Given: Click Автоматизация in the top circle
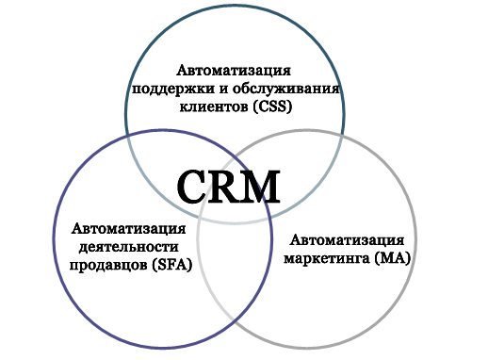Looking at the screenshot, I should click(x=234, y=71).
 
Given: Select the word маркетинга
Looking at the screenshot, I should click(x=326, y=257).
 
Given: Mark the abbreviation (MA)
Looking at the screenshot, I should click(x=391, y=257).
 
